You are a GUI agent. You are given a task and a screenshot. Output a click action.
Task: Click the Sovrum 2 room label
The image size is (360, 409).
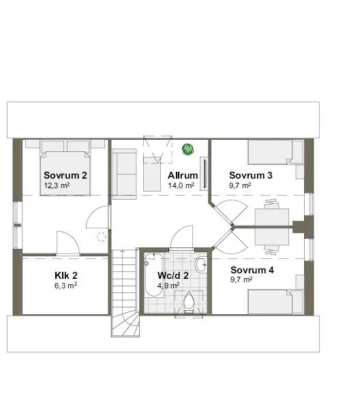65,175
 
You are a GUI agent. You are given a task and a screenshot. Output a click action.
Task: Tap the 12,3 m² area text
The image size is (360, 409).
57,185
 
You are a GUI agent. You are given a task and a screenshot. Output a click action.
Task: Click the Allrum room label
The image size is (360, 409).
183,175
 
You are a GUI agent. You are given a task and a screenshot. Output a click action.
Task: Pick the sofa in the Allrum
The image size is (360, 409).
125,175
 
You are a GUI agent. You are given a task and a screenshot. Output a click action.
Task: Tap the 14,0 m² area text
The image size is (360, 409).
181,185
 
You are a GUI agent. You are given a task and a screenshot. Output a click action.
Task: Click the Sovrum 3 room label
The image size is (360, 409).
250,175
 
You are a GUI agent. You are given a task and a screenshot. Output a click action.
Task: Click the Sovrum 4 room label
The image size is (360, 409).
252,269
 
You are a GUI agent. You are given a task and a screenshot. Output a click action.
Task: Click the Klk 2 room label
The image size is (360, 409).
66,275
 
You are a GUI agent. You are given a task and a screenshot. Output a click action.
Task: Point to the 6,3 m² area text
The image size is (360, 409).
65,286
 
